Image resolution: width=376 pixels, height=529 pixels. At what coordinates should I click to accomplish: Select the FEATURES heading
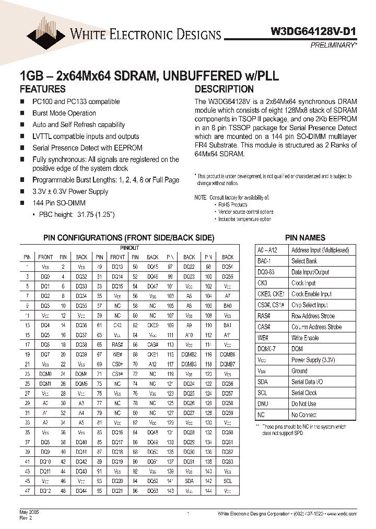pyautogui.click(x=42, y=89)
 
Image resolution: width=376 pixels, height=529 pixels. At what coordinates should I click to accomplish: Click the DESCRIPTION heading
pyautogui.click(x=224, y=89)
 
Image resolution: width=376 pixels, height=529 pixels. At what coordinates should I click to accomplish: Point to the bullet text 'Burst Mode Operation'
pyautogui.click(x=64, y=113)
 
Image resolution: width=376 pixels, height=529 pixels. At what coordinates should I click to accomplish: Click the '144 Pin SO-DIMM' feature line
pyautogui.click(x=59, y=203)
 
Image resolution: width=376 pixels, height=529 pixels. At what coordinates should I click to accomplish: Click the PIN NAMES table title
pyautogui.click(x=305, y=237)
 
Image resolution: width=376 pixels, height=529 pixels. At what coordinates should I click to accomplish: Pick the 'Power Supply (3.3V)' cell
pyautogui.click(x=313, y=360)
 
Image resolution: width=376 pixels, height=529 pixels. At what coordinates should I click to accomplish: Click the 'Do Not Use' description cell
pyautogui.click(x=303, y=404)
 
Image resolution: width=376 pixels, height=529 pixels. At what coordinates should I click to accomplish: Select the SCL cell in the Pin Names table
pyautogui.click(x=262, y=393)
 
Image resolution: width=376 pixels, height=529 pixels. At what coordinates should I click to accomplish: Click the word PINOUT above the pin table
pyautogui.click(x=130, y=247)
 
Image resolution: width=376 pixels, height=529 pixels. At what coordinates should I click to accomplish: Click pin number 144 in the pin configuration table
pyautogui.click(x=208, y=491)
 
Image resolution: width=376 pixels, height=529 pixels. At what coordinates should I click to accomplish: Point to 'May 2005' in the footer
pyautogui.click(x=29, y=513)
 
